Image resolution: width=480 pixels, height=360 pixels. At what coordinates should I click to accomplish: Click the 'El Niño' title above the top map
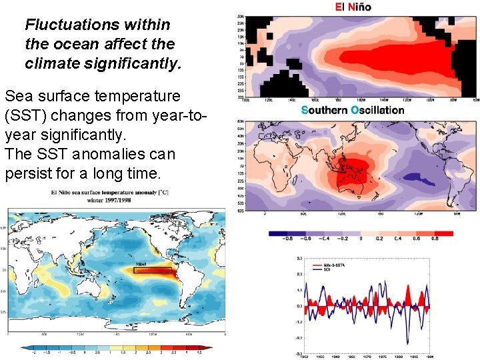point(353,7)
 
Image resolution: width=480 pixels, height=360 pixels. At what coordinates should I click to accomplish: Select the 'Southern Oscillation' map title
point(353,110)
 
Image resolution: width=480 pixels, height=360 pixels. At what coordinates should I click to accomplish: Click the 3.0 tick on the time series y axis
point(299,258)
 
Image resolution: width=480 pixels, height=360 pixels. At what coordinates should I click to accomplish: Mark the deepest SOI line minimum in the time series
point(406,344)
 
